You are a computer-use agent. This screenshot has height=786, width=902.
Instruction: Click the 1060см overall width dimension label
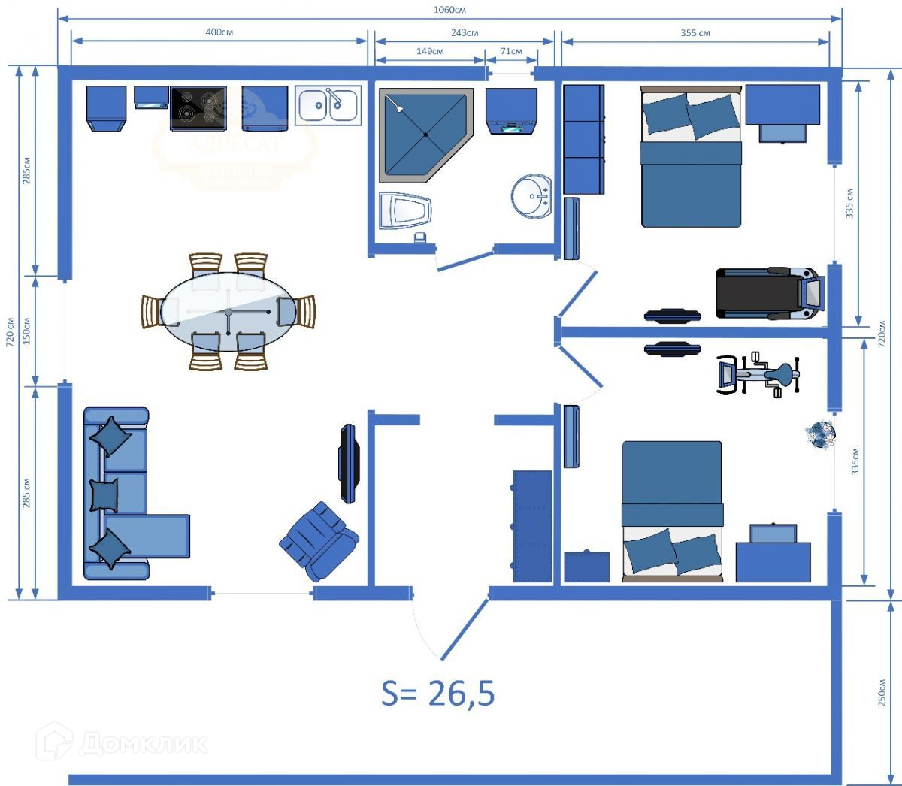coord(449,10)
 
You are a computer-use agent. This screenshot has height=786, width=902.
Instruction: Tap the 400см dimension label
coord(219,32)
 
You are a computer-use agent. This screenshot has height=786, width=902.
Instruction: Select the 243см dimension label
coord(465,32)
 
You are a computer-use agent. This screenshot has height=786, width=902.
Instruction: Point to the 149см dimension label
coord(429,51)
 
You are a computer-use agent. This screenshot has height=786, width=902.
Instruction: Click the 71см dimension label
coord(511,51)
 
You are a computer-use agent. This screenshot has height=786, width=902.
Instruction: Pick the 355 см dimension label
coord(695,32)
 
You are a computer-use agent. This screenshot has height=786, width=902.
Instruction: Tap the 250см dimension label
coord(882,692)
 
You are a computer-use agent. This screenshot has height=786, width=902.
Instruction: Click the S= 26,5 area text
coord(438,693)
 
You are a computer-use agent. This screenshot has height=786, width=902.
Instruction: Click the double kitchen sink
coord(328,105)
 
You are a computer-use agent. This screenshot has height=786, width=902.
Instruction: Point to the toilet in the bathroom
coord(404,211)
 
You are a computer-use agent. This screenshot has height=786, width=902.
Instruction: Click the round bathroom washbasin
coord(531,197)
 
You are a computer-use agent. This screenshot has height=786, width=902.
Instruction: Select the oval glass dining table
coord(228,311)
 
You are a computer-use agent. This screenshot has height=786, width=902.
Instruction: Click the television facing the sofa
coord(350,463)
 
